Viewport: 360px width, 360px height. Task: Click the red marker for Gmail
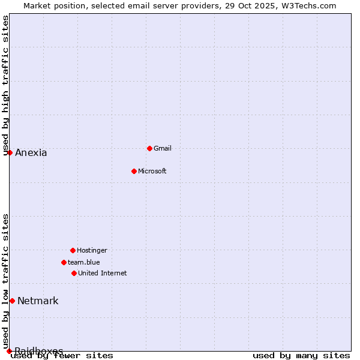tap(149, 148)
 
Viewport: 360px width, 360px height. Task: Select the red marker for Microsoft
tap(134, 171)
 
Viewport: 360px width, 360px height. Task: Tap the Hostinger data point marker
tap(73, 250)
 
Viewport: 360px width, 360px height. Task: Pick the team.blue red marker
tap(64, 262)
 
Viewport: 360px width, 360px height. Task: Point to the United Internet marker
tap(74, 273)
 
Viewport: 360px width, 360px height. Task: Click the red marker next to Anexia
tap(10, 152)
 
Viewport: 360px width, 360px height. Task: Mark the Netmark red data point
tap(12, 301)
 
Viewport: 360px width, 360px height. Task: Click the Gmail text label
tap(163, 148)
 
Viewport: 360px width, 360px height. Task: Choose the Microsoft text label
tap(152, 171)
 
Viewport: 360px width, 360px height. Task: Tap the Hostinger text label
tap(92, 250)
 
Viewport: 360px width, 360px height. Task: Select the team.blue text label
tap(84, 262)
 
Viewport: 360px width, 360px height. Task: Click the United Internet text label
tap(103, 273)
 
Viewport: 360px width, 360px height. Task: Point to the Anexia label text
tap(31, 152)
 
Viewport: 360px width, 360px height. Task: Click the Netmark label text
tap(38, 301)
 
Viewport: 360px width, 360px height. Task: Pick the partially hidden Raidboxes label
tap(39, 350)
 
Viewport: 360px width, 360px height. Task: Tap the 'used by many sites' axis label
tap(301, 356)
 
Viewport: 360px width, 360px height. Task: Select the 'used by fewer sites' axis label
tap(62, 356)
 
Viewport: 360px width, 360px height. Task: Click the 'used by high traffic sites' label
tap(6, 85)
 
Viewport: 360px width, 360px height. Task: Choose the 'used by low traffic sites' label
tap(6, 281)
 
